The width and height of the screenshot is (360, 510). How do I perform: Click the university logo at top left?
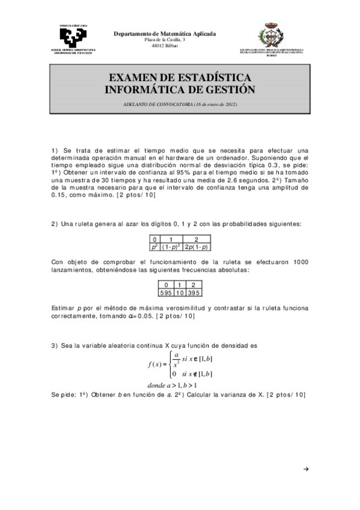click(x=72, y=34)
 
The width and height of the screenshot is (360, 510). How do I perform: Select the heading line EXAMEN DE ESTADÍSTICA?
click(x=180, y=78)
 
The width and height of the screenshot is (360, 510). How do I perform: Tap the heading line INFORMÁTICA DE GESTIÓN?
click(x=180, y=90)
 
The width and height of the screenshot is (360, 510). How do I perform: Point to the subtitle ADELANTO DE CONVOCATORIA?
click(x=180, y=106)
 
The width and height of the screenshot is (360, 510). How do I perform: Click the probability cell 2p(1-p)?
click(x=197, y=247)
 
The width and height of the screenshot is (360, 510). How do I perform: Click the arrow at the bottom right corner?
click(x=307, y=469)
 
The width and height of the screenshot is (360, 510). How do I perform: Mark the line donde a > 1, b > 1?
click(x=172, y=386)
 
